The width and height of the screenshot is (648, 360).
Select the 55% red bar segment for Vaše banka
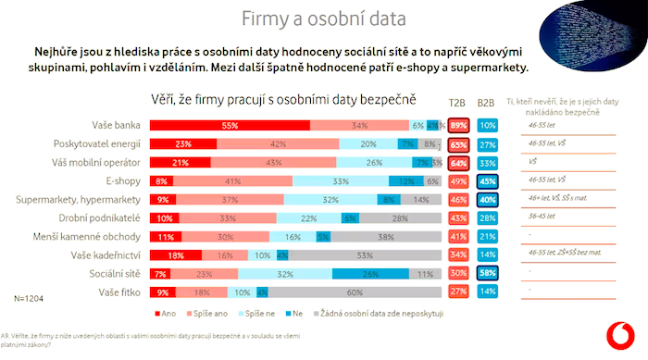(x=230, y=126)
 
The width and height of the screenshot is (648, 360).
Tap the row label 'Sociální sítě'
(x=117, y=274)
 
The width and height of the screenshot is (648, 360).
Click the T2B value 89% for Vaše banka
(x=457, y=126)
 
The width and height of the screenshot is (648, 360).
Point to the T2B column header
(x=457, y=103)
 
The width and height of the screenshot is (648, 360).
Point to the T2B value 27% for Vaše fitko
(x=457, y=292)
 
